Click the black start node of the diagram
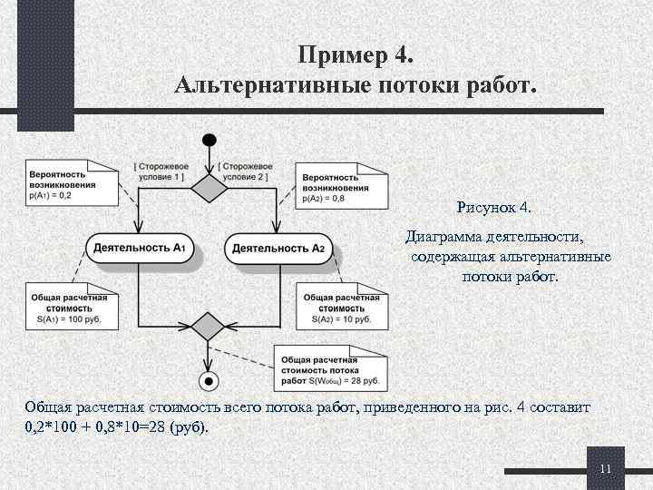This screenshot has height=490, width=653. tap(210, 141)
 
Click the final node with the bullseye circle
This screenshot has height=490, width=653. tap(210, 379)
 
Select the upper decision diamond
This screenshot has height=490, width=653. tap(210, 188)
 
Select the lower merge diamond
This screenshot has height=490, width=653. tap(210, 325)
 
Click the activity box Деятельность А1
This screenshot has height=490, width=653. tap(141, 248)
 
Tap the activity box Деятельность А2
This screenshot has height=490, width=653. tap(278, 248)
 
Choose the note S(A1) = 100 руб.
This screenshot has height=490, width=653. tap(69, 308)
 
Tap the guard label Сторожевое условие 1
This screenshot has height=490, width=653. tap(161, 171)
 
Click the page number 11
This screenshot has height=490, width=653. tap(607, 468)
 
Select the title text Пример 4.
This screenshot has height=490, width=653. tap(355, 56)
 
